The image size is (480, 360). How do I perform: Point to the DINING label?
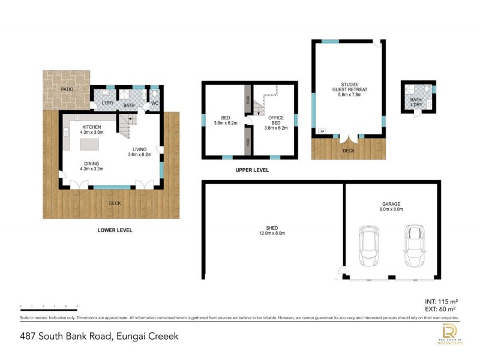click(92, 164)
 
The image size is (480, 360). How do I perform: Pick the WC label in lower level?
click(154, 104)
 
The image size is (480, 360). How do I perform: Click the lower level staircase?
click(127, 125)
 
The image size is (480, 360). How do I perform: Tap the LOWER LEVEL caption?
click(115, 230)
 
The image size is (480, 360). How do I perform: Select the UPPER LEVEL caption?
click(252, 170)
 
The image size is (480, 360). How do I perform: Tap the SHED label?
click(271, 230)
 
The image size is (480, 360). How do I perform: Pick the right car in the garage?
click(414, 246)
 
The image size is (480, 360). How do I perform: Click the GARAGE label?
click(391, 206)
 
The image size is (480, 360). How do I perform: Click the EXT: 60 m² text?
click(442, 308)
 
